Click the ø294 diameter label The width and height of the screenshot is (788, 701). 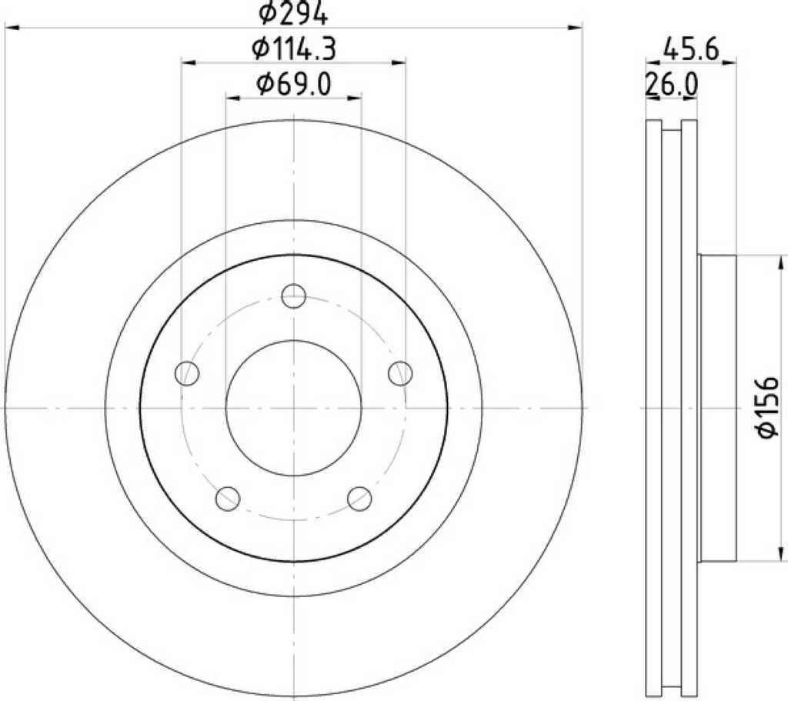pyautogui.click(x=293, y=14)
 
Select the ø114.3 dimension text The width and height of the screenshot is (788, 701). pyautogui.click(x=294, y=49)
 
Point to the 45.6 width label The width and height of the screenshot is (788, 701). pyautogui.click(x=691, y=49)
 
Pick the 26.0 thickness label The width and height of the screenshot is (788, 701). pyautogui.click(x=671, y=85)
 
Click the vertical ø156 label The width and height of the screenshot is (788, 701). pyautogui.click(x=768, y=407)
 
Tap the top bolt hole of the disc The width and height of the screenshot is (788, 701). pyautogui.click(x=294, y=296)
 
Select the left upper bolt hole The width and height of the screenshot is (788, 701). pyautogui.click(x=188, y=373)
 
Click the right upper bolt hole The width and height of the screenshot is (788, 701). pyautogui.click(x=400, y=373)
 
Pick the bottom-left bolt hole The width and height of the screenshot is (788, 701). pyautogui.click(x=228, y=499)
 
